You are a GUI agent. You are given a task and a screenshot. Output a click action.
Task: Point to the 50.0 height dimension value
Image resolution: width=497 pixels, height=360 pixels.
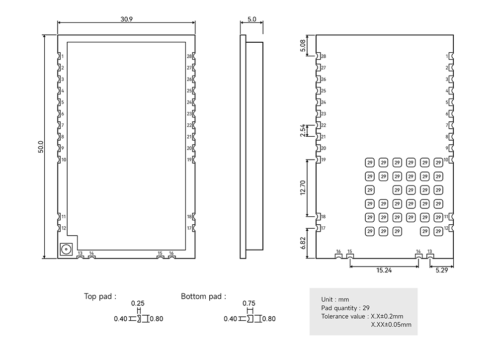[x=41, y=147]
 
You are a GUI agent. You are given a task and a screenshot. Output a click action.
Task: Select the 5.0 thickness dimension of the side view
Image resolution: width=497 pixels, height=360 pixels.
[x=251, y=19]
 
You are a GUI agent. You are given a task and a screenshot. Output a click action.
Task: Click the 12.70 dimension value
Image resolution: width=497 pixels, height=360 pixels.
[x=303, y=188]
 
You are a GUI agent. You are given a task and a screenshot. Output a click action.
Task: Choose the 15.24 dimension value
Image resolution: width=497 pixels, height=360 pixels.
[x=384, y=271]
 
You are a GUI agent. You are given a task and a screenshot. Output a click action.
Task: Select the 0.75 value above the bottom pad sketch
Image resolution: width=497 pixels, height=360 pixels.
[x=248, y=303]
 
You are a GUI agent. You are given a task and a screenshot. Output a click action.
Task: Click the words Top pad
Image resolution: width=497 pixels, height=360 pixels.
[x=100, y=296]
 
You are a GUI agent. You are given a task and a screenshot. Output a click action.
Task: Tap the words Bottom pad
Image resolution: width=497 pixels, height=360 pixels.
[x=203, y=296]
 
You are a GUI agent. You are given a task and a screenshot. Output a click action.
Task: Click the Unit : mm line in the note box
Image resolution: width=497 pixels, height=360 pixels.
[x=335, y=299]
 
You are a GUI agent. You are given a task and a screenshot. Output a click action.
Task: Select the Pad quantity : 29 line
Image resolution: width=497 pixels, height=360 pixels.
[x=345, y=308]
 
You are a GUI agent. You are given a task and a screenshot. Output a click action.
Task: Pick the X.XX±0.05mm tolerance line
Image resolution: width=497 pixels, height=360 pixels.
[x=391, y=325]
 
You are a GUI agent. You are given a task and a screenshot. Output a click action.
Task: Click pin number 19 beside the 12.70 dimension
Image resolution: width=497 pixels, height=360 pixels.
[x=324, y=160]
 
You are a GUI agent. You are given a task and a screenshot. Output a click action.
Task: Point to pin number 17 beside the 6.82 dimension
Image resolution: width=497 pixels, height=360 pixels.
[x=324, y=228]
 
